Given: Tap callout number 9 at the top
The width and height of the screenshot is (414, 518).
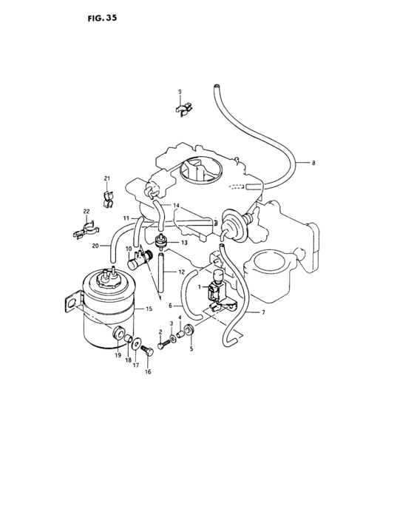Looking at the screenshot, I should pos(179,91).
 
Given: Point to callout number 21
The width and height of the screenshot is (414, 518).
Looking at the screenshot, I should pos(106,179).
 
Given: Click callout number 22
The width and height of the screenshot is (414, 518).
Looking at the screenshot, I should pos(86,213).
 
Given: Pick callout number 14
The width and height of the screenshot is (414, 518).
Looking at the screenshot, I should pos(176,205).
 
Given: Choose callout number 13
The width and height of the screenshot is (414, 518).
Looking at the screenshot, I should pos(184,242).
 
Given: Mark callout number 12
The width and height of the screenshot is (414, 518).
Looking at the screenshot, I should pos(182,272).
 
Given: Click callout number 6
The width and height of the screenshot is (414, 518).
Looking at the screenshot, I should pos(170,304).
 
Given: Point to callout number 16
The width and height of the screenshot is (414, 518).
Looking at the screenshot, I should pos(148,372).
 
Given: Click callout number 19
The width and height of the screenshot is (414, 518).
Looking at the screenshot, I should pos(118,355).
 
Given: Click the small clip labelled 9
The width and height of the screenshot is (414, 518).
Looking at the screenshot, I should pos(184,110).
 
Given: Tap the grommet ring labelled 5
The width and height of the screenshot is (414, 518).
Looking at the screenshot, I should pos(190,329).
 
